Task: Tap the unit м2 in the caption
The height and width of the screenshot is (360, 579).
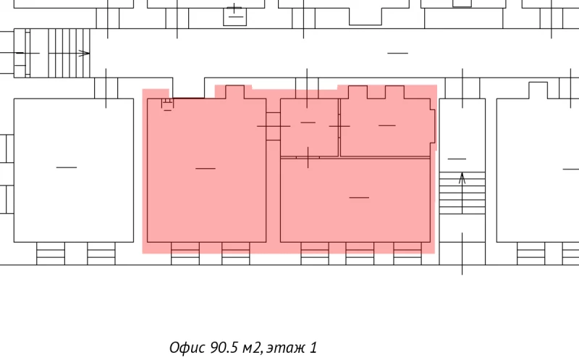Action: click(252, 348)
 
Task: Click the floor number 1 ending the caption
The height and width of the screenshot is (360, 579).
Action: click(313, 348)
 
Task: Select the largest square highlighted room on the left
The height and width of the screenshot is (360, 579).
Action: click(206, 170)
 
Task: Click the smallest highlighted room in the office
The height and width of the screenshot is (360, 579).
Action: click(310, 127)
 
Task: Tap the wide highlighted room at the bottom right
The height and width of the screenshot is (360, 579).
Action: click(355, 200)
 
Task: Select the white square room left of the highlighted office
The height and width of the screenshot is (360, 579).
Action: click(74, 170)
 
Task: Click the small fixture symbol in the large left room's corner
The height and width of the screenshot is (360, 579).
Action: click(167, 104)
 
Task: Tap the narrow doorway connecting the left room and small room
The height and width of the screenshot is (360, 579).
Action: click(274, 126)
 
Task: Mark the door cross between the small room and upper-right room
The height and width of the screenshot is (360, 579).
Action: click(339, 126)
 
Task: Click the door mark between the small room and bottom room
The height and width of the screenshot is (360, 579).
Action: click(308, 157)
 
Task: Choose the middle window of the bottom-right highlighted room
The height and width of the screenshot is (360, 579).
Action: click(360, 254)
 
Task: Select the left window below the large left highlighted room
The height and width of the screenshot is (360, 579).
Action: click(185, 254)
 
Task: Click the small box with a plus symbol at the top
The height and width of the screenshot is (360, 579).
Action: click(234, 14)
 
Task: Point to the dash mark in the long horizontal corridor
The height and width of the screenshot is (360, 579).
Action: click(397, 53)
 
